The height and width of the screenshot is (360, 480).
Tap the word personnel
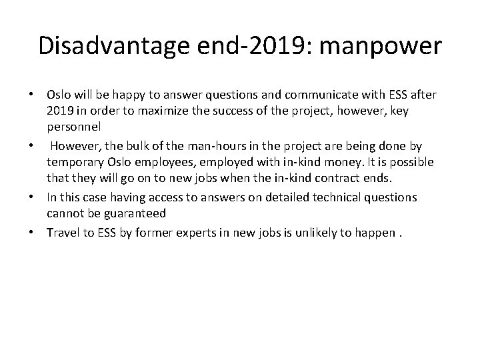tap(74, 126)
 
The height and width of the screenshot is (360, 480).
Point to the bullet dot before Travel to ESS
tap(33, 233)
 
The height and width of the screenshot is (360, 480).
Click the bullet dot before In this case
tap(33, 197)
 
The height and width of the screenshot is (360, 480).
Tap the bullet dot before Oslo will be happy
tap(33, 95)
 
